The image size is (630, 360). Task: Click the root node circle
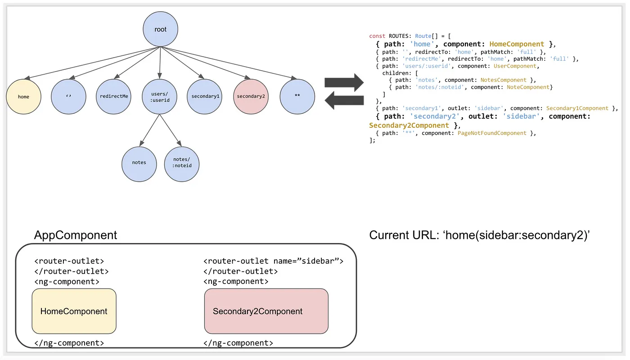(160, 29)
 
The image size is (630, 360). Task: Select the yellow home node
(23, 96)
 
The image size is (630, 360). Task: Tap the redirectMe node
(113, 96)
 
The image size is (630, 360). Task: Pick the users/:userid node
(159, 96)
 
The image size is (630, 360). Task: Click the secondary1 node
(204, 96)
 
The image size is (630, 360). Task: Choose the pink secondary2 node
(251, 96)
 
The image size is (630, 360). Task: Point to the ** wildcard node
(297, 96)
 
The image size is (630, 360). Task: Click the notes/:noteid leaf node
(182, 164)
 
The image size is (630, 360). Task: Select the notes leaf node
(139, 164)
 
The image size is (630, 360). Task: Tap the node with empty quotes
(68, 96)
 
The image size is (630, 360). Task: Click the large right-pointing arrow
(344, 83)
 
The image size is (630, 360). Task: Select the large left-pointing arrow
(344, 100)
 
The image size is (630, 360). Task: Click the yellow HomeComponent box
(74, 311)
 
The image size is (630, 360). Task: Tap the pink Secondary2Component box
(266, 311)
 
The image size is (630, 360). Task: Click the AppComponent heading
(76, 235)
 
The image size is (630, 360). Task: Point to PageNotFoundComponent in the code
(492, 133)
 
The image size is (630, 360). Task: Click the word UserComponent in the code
(515, 66)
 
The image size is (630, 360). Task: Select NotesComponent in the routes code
(504, 80)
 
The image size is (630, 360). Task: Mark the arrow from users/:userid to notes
(149, 130)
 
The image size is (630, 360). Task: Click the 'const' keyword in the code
(377, 36)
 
